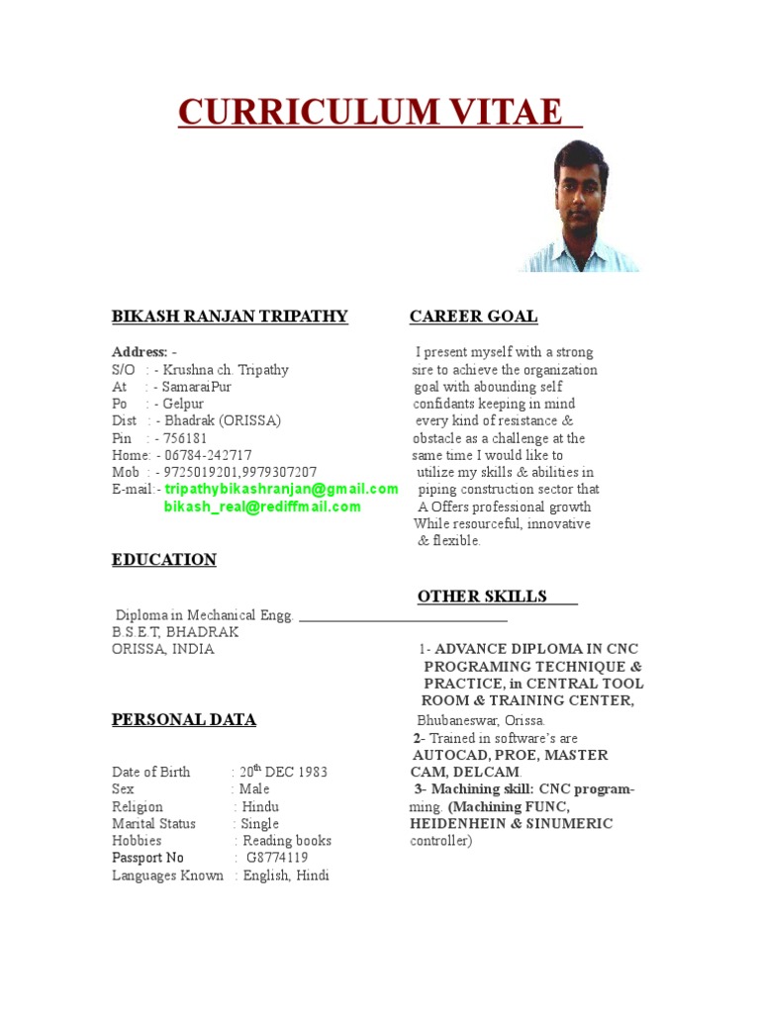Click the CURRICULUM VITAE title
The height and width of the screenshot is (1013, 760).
point(379,112)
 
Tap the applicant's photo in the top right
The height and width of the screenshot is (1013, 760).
point(580,205)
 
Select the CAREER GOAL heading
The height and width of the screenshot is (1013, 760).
point(473,317)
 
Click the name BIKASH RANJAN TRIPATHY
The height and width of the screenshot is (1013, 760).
point(230,317)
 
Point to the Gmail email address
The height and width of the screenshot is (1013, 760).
point(281,489)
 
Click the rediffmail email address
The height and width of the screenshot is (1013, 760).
point(262,506)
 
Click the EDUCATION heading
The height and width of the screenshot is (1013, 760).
point(163,560)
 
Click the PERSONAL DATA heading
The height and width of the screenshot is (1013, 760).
point(183,720)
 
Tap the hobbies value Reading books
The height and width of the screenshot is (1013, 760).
point(287,841)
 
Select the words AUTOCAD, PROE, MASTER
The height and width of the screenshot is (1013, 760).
point(511,755)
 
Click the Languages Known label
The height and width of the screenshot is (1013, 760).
point(167,875)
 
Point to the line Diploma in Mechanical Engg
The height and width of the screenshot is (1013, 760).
point(205,615)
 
